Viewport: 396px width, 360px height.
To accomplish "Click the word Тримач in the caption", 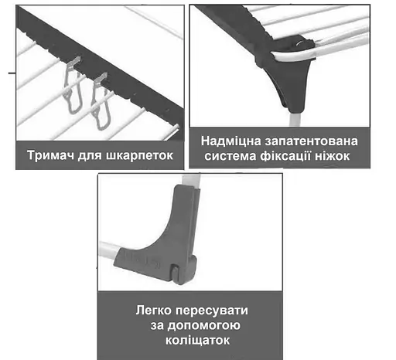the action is coord(50,155).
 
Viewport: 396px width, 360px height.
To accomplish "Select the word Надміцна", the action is coord(230,141).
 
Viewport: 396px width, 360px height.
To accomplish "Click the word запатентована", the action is coord(311,141).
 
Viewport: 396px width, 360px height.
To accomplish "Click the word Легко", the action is coord(154,311).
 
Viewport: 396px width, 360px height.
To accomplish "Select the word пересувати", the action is coord(212,311).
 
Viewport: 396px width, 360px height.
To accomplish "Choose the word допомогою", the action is coord(204,326).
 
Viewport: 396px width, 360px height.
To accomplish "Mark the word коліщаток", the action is coord(197,341).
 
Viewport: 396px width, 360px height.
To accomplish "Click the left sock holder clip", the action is coord(73,85).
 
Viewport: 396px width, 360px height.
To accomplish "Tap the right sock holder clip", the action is coord(101,102).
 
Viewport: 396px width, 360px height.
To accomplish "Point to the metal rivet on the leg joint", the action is coord(300,43).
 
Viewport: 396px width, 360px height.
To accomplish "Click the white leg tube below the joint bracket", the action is coord(295,120).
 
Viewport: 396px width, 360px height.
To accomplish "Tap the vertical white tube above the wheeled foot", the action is coord(191,180).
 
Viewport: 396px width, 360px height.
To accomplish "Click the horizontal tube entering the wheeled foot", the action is coord(109,250).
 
